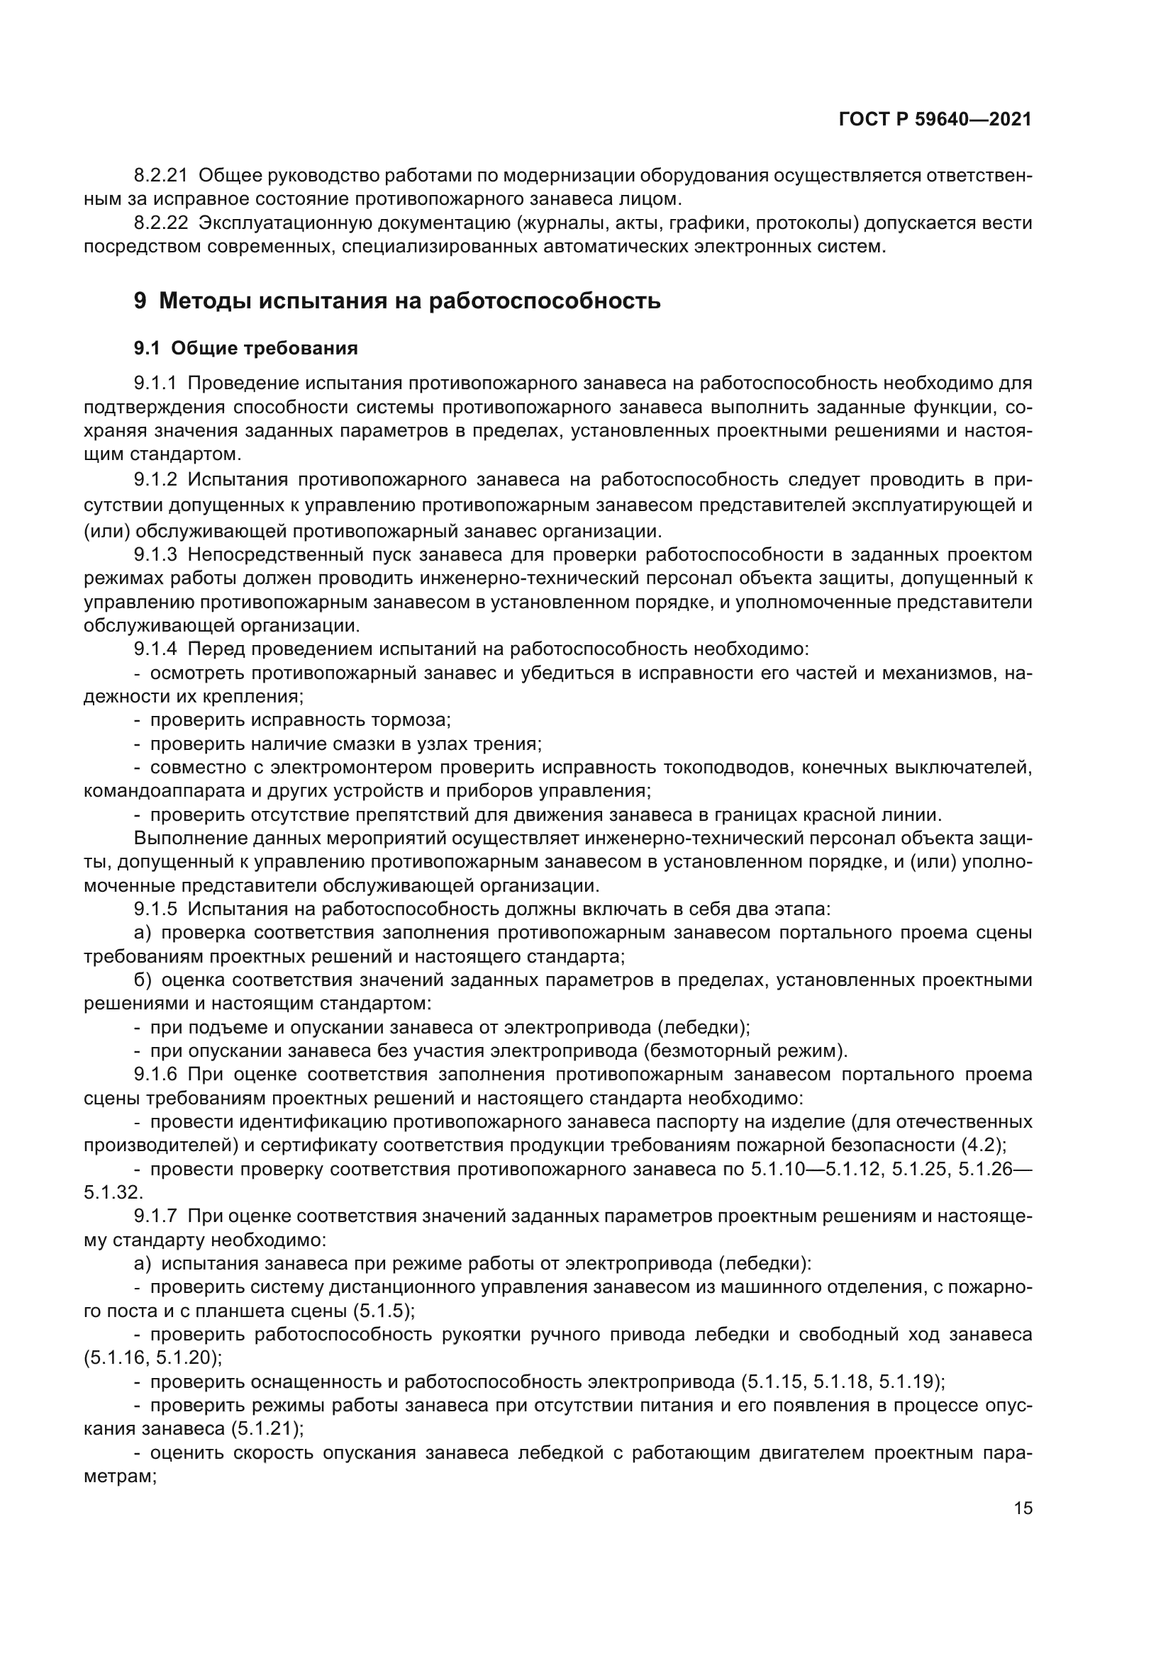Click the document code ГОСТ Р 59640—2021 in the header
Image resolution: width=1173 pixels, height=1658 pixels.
coord(935,119)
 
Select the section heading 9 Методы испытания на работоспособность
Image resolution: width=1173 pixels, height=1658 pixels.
coord(397,301)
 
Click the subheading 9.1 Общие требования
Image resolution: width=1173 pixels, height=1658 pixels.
coord(245,349)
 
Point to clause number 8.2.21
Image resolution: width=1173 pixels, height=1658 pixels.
coord(160,176)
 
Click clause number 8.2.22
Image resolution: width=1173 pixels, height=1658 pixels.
coord(160,223)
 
